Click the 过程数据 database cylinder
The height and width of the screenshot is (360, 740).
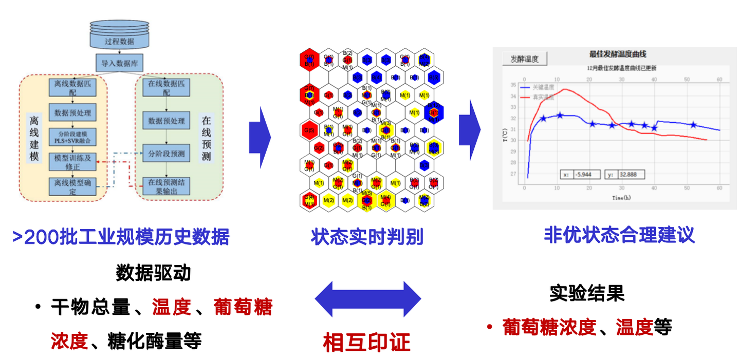pos(119,36)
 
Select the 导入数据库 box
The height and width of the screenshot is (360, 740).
pos(119,63)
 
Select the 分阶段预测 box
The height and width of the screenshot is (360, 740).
pos(166,154)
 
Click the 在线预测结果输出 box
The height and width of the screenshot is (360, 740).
pos(166,186)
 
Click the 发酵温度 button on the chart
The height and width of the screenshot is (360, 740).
pos(524,59)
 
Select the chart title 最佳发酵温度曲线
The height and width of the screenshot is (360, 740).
pos(617,54)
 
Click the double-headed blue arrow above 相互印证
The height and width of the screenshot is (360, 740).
pos(367,298)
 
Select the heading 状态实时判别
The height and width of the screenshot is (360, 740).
pos(367,237)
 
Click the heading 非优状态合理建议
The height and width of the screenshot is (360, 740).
pos(619,235)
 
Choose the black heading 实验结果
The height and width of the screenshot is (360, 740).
pos(587,294)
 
